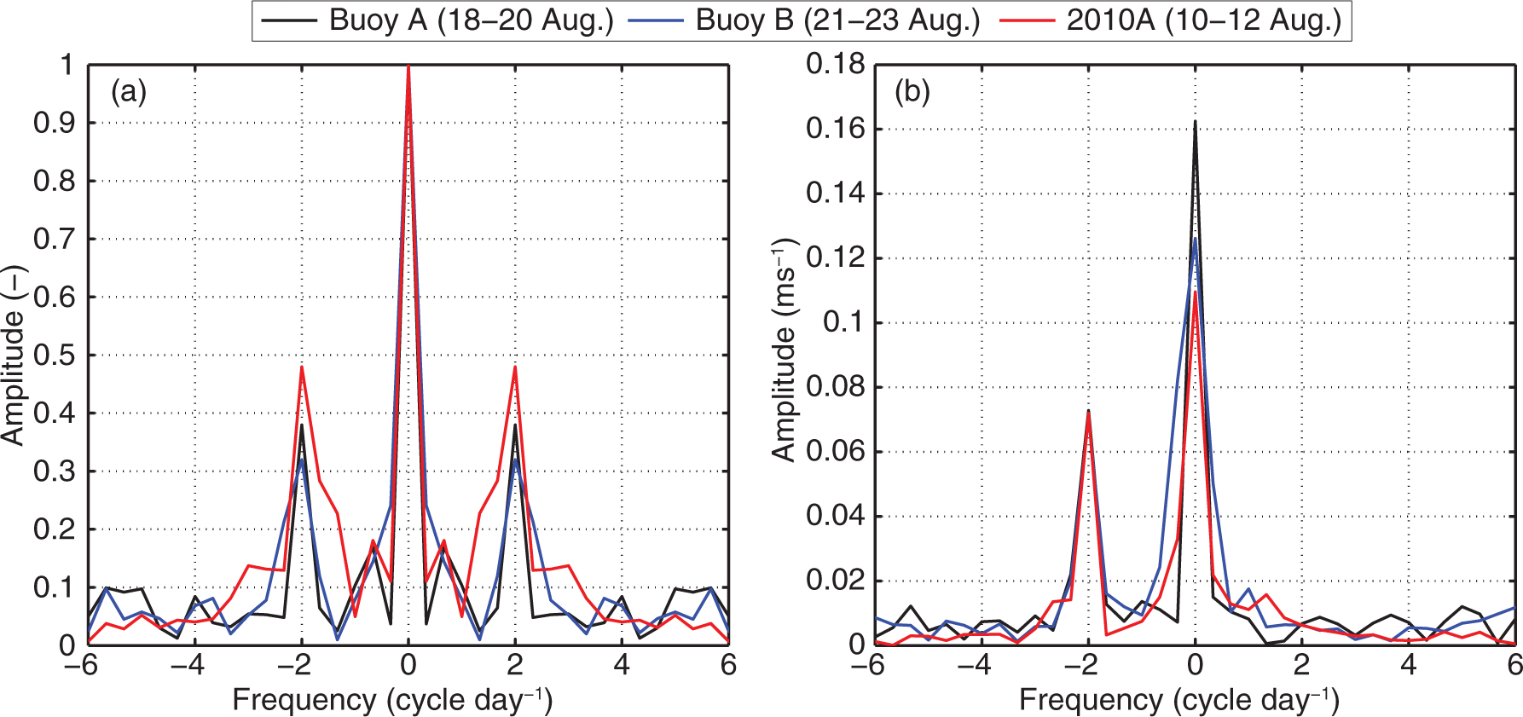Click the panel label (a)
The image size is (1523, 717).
coord(129,91)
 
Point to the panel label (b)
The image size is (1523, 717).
coord(912,91)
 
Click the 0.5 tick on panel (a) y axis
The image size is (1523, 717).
coord(54,356)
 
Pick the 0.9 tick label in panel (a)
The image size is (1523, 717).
coord(54,124)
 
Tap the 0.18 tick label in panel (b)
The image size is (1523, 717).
coord(836,64)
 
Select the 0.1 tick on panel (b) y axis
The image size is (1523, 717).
coord(843,322)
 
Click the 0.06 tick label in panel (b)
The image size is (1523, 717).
coord(836,452)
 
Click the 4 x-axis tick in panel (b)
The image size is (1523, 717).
coord(1409,665)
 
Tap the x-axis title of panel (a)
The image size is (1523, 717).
coord(393,700)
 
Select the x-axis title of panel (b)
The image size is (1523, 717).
coord(1179,700)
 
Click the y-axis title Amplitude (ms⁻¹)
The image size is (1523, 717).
coord(785,350)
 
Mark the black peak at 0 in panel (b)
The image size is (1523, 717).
coord(1195,122)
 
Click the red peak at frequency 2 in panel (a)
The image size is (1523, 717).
coord(515,367)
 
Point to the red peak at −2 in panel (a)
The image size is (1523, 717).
coord(301,367)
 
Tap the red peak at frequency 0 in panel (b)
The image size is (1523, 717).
coord(1195,293)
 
